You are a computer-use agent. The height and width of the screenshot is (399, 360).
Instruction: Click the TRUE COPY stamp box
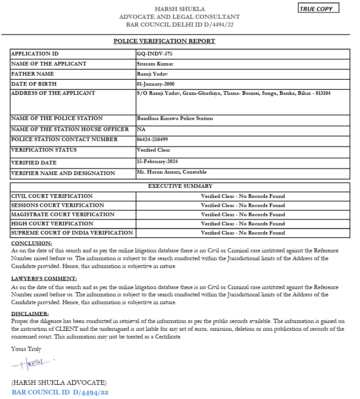click(318, 8)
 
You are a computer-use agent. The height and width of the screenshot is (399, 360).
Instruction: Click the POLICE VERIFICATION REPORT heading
click(164, 41)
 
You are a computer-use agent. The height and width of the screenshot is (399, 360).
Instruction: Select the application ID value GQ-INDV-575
click(154, 54)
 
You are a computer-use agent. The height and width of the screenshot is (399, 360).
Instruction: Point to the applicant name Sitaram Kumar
click(155, 64)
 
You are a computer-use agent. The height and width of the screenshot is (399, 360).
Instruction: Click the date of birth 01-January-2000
click(155, 84)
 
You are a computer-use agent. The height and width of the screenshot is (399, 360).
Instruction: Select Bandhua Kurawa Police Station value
click(175, 119)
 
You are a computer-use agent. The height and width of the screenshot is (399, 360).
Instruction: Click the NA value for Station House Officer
click(141, 130)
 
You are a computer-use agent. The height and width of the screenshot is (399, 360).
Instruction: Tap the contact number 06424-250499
click(152, 140)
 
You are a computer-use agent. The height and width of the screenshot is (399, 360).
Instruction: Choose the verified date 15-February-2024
click(157, 162)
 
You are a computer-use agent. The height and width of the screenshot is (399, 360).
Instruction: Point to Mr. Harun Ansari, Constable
click(172, 172)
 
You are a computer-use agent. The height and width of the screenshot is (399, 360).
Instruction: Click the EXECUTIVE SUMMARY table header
click(180, 186)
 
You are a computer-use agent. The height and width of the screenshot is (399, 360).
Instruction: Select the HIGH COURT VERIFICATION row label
click(52, 224)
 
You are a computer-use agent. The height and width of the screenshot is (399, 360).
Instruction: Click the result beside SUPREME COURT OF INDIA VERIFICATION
click(243, 233)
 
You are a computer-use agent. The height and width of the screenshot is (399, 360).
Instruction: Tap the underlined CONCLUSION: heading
click(32, 243)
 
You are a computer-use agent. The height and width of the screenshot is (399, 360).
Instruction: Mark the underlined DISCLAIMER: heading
click(30, 314)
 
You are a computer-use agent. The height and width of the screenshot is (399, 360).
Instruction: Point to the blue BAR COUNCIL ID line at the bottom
click(60, 393)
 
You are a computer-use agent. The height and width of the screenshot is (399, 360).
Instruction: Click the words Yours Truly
click(26, 349)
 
